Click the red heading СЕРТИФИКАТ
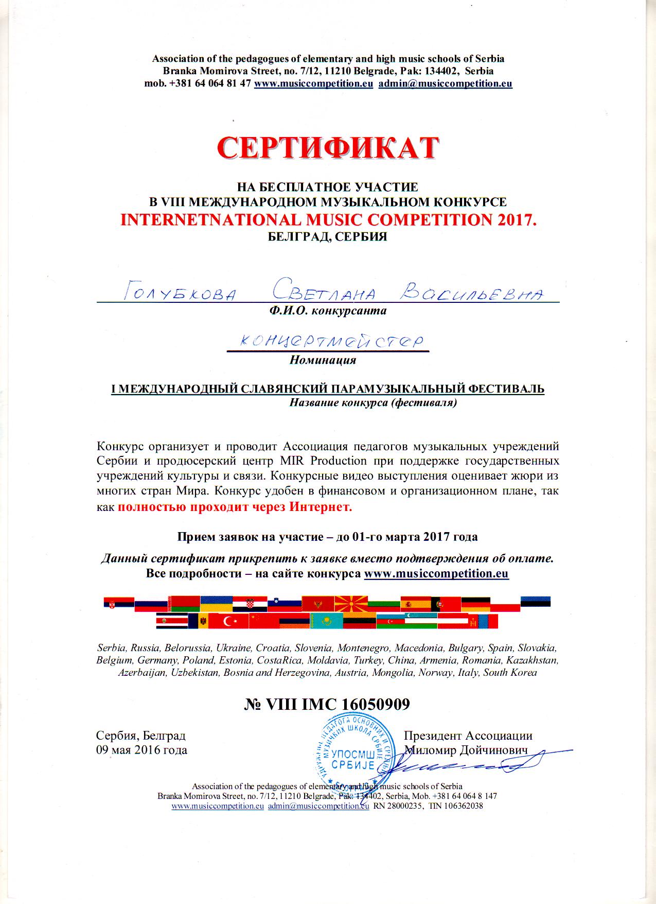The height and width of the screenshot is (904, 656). click(328, 148)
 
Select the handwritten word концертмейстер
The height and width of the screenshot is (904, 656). click(327, 342)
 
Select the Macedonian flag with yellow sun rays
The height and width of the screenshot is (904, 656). click(350, 603)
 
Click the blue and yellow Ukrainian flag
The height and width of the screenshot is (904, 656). click(216, 603)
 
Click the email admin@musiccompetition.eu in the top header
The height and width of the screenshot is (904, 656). click(445, 84)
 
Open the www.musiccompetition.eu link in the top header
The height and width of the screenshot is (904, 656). click(313, 84)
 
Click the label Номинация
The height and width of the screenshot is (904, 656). click(323, 360)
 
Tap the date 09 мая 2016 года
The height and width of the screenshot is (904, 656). click(141, 749)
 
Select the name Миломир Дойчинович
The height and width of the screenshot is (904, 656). click(466, 750)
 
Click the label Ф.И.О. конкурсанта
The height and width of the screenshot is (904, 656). click(324, 311)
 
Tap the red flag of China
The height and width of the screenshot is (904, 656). click(263, 621)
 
